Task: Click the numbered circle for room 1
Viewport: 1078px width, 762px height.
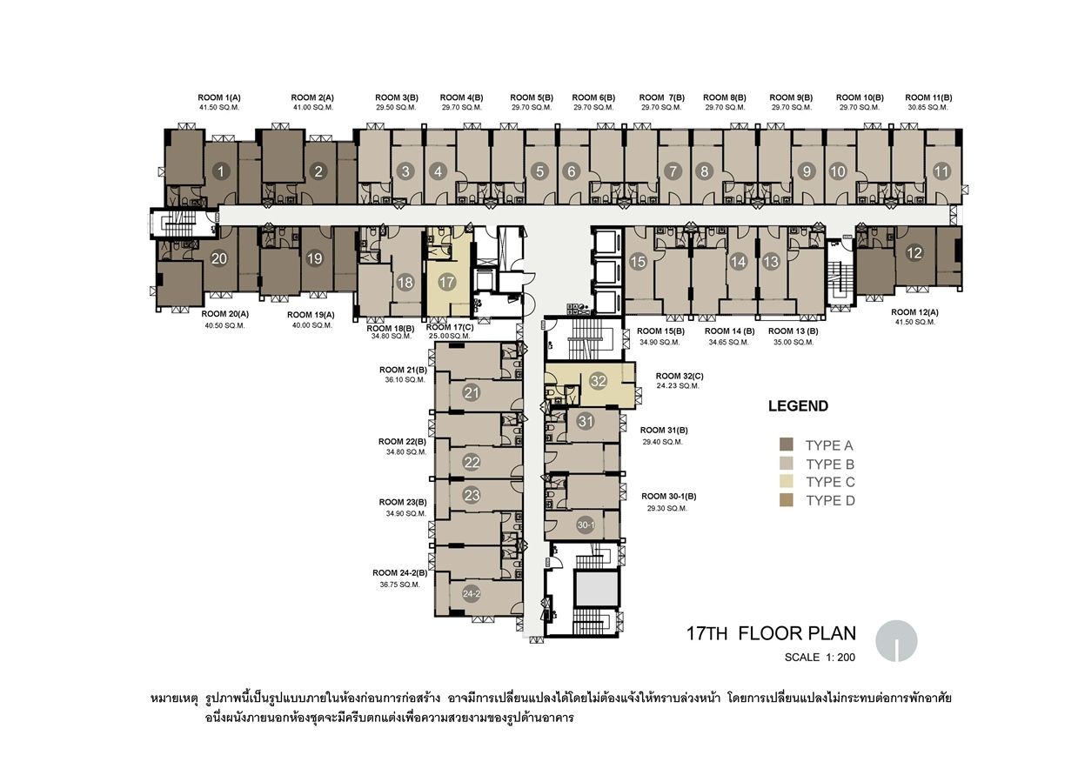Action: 221,171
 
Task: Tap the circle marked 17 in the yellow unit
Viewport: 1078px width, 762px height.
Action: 446,282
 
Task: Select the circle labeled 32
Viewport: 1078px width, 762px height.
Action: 599,381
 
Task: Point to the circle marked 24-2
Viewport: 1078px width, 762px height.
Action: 472,593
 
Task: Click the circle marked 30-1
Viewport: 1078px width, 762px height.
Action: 586,525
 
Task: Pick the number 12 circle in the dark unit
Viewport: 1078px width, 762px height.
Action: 914,253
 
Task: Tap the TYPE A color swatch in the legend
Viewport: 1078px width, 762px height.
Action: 786,444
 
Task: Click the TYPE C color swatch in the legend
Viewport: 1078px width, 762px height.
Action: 786,482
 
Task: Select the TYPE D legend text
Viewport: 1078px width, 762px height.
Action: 830,501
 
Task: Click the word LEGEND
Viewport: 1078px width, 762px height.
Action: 798,406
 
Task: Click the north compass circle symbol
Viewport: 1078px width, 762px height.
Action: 896,641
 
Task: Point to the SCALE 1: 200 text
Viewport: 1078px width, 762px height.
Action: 820,657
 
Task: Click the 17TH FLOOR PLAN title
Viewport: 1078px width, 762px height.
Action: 771,633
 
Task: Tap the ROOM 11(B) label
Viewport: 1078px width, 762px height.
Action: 928,97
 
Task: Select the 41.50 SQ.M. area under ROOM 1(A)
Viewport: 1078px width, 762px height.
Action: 219,108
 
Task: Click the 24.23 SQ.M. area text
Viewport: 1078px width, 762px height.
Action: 678,386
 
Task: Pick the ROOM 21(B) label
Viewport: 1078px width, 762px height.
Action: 404,370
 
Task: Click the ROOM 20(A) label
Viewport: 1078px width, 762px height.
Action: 224,314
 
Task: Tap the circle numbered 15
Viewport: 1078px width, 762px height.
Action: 638,262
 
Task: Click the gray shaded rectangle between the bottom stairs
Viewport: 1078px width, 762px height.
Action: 597,589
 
